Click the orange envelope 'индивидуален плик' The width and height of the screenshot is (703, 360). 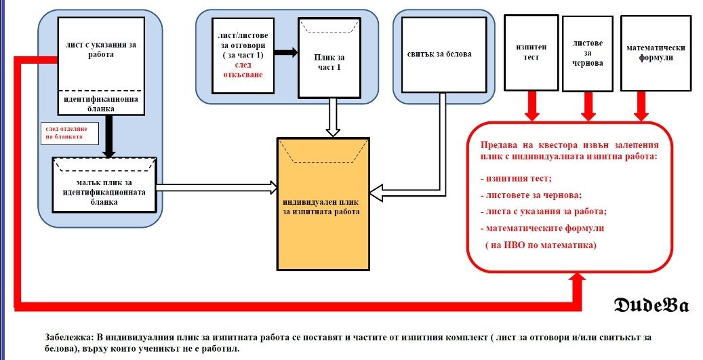click(323, 204)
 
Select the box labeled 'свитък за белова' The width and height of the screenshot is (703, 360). click(444, 55)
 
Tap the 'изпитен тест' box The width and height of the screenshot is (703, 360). click(531, 52)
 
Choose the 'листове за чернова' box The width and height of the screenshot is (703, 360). click(588, 54)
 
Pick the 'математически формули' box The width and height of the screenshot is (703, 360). click(656, 53)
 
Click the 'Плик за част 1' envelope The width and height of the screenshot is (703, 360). click(329, 58)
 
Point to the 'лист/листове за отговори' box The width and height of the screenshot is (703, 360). click(243, 56)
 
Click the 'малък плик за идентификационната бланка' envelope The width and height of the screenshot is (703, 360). click(104, 184)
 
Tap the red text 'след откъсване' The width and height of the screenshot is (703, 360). click(243, 70)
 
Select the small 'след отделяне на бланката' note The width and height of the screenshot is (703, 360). click(70, 133)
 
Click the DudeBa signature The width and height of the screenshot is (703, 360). click(651, 305)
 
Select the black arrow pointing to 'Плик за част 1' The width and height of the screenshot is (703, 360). click(286, 52)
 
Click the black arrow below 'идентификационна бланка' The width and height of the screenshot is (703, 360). click(108, 136)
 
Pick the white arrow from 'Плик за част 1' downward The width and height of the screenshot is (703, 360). click(333, 117)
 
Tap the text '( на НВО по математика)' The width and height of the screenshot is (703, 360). click(541, 245)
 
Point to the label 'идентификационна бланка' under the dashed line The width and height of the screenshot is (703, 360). click(101, 104)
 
